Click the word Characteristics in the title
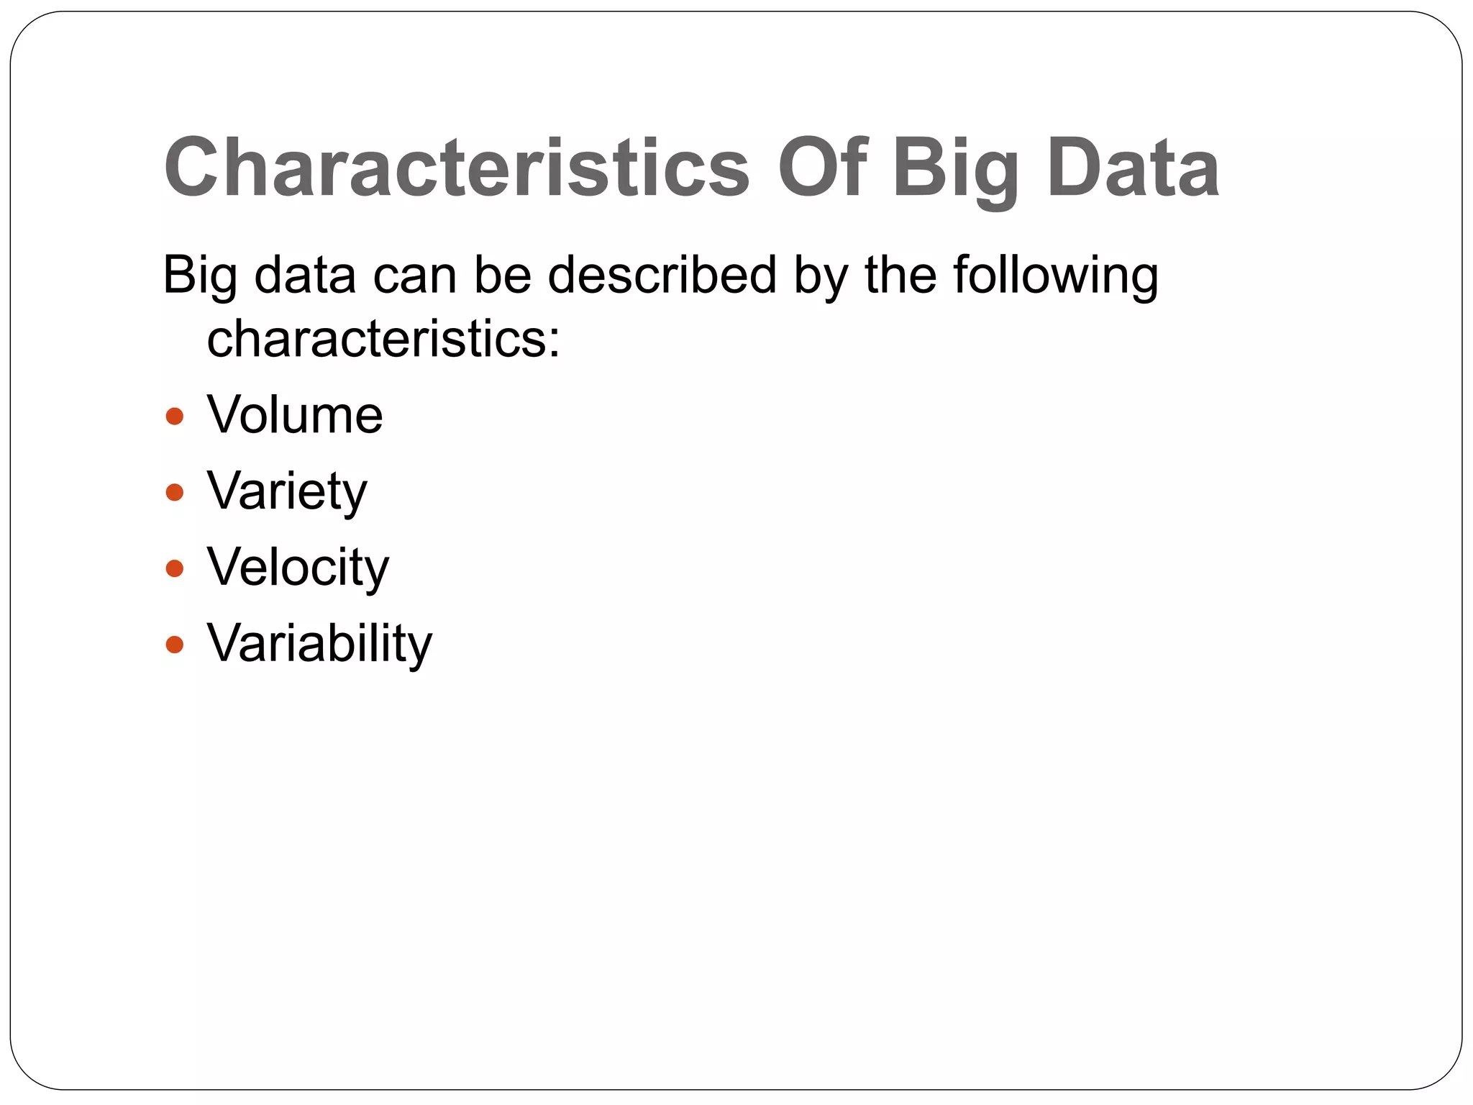pyautogui.click(x=457, y=168)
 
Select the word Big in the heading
pyautogui.click(x=955, y=170)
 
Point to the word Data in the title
pyautogui.click(x=1133, y=168)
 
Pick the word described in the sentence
pyautogui.click(x=662, y=275)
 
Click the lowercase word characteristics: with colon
pyautogui.click(x=383, y=338)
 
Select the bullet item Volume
pyautogui.click(x=295, y=415)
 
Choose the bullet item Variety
pyautogui.click(x=287, y=492)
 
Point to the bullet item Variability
pyautogui.click(x=319, y=644)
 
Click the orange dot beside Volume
pyautogui.click(x=175, y=417)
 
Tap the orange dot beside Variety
pyautogui.click(x=175, y=493)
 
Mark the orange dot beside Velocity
pyautogui.click(x=175, y=569)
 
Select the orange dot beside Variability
pyautogui.click(x=175, y=644)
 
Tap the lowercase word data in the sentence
pyautogui.click(x=305, y=275)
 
